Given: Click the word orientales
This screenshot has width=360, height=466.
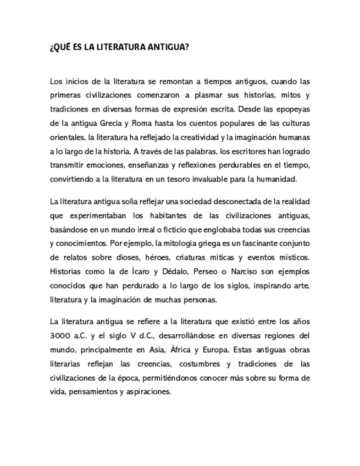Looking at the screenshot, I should pyautogui.click(x=67, y=136).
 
